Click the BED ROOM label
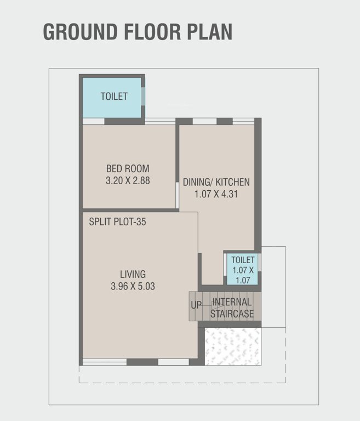(128, 168)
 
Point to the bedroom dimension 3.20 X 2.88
(128, 180)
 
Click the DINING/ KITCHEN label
(216, 182)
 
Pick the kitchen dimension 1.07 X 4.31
(216, 194)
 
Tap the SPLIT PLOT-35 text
(117, 222)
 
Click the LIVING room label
(133, 274)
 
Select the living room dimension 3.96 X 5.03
(133, 286)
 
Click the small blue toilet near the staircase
(242, 269)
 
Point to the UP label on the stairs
(196, 305)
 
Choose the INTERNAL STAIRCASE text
(232, 308)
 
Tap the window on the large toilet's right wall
(143, 96)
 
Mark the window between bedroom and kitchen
(177, 195)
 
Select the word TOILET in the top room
(114, 96)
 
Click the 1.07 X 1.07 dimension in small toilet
(243, 275)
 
